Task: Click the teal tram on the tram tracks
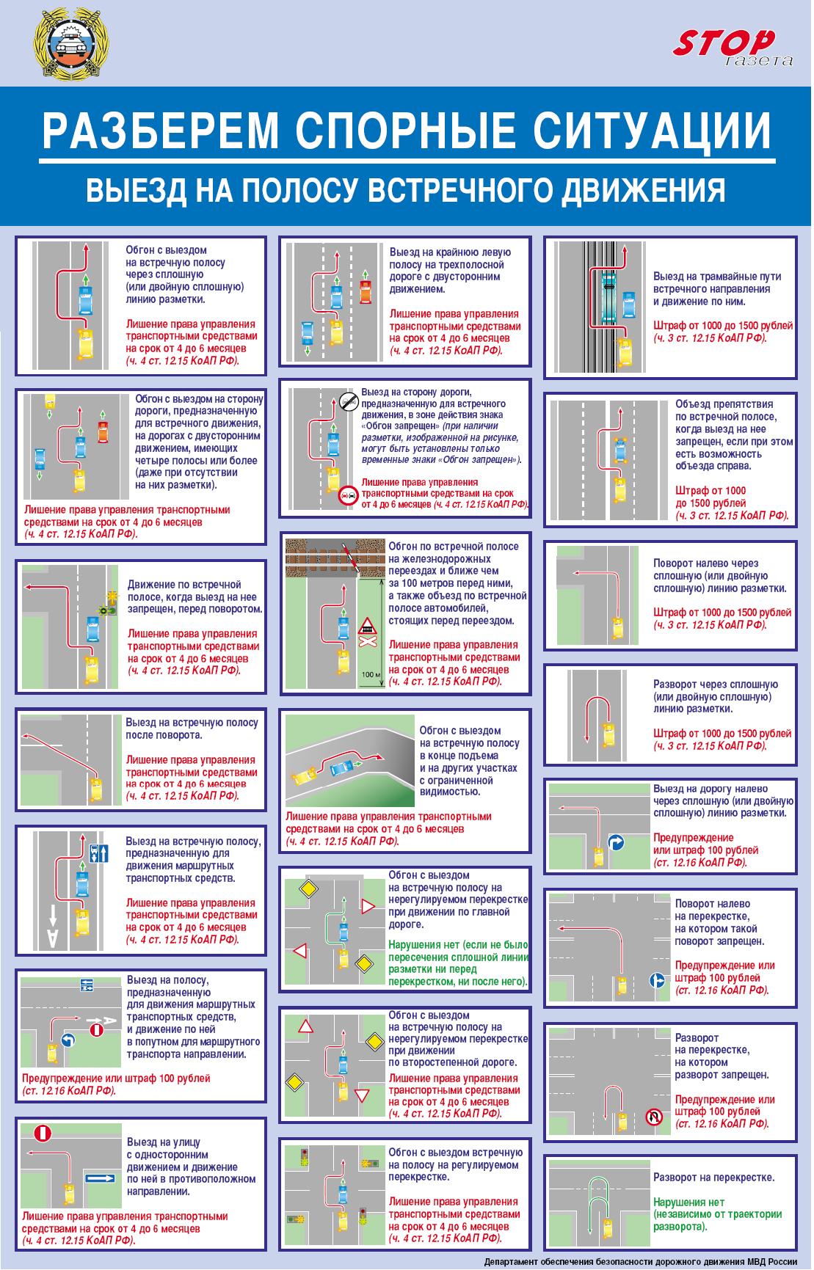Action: click(x=608, y=298)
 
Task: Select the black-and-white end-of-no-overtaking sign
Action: click(x=348, y=401)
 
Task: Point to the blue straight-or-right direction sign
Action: click(x=657, y=980)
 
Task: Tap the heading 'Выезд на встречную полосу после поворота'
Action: click(x=191, y=729)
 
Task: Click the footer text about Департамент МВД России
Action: click(x=640, y=1262)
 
